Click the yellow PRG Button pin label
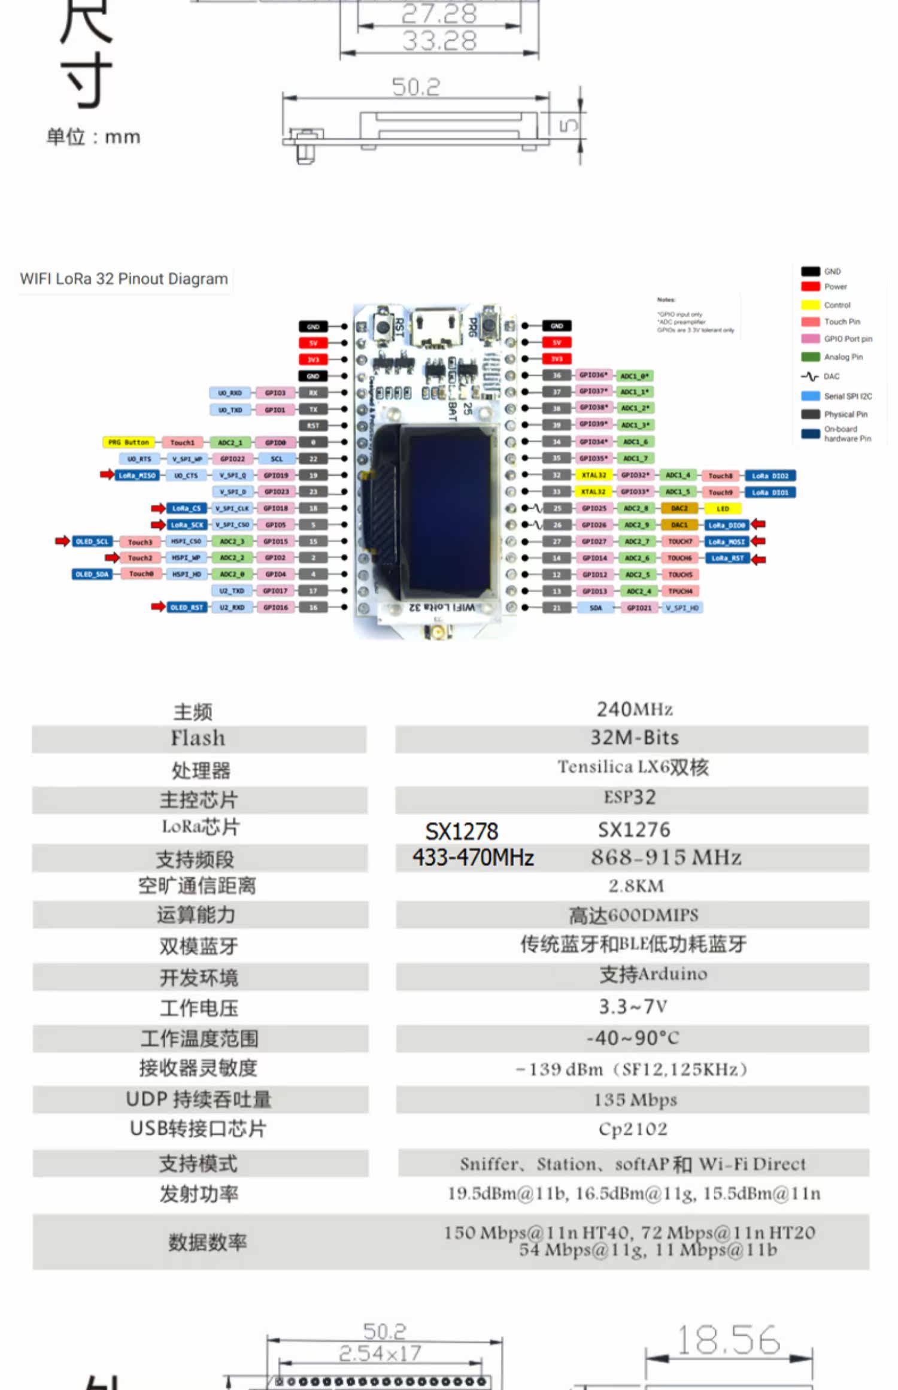tap(129, 442)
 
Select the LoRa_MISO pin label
tap(137, 475)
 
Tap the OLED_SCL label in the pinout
tap(92, 541)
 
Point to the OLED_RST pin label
tap(187, 607)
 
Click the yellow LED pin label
tap(723, 508)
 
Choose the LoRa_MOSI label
tap(727, 541)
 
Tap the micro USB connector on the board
tap(436, 328)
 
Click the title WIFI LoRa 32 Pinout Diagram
tap(124, 279)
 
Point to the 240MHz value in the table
tap(634, 709)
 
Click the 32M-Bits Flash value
tap(634, 738)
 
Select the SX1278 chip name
tap(462, 831)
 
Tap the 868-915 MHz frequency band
tap(666, 857)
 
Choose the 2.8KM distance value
tap(636, 886)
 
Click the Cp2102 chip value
tap(633, 1129)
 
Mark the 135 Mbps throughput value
tap(635, 1100)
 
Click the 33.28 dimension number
tap(439, 41)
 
